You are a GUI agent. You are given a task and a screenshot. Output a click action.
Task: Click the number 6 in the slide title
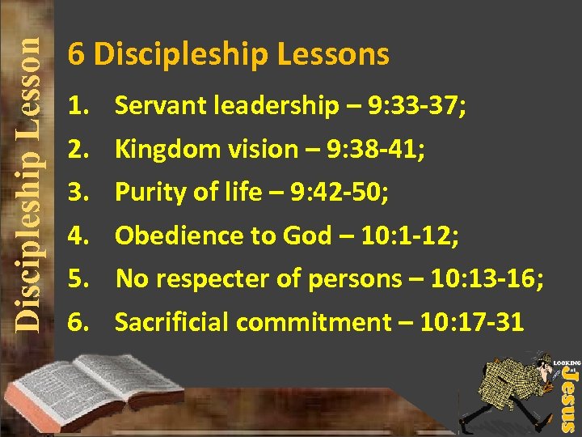tap(77, 55)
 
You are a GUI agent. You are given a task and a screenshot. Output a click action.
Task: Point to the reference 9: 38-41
tap(387, 149)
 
